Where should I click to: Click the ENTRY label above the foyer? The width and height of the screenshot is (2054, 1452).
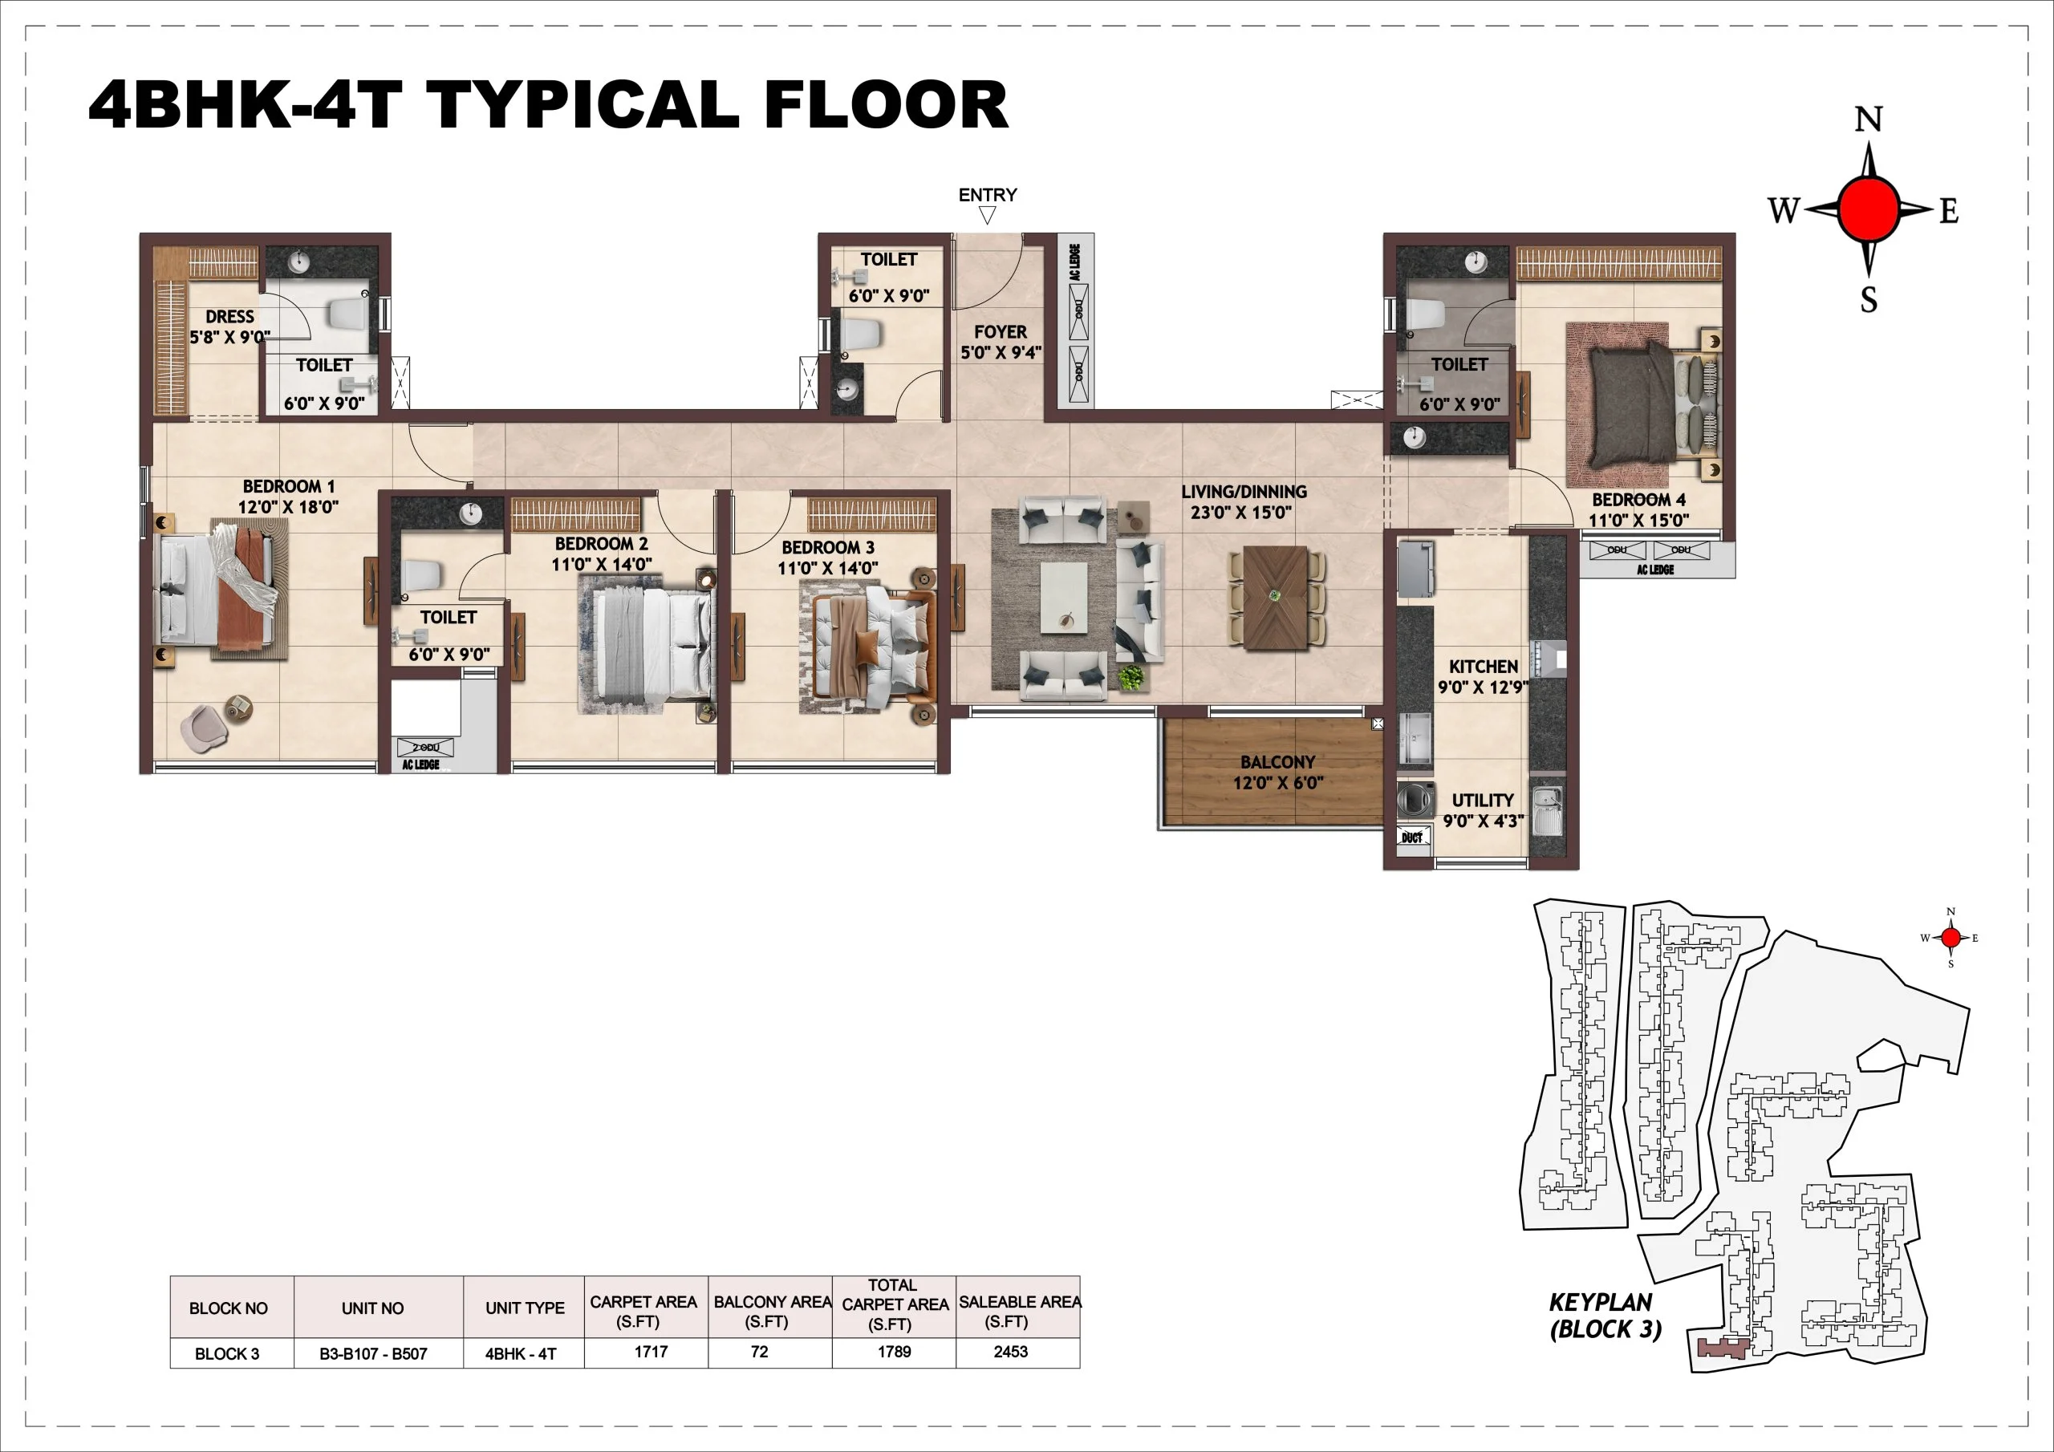point(988,195)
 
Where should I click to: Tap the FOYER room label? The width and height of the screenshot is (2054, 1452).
point(1001,342)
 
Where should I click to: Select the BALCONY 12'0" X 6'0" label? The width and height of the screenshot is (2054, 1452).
point(1277,772)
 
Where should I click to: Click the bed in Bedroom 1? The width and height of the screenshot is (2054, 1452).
point(219,590)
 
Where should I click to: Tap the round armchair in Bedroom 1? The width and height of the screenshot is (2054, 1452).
point(204,727)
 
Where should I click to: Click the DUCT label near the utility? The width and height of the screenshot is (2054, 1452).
point(1411,838)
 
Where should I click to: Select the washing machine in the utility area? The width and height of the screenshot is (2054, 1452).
point(1414,799)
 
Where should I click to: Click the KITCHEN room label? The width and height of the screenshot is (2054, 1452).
point(1483,676)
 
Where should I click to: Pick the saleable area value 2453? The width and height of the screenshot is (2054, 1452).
point(1011,1352)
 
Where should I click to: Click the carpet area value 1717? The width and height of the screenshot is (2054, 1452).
point(651,1352)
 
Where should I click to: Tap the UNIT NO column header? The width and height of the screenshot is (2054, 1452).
point(372,1308)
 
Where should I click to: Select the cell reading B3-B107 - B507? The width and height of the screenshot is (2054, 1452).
point(373,1353)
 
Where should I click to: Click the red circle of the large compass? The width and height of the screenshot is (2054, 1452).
point(1868,209)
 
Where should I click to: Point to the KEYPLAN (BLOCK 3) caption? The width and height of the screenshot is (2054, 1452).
point(1605,1315)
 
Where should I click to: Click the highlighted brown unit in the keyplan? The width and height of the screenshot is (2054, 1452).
point(1722,1346)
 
